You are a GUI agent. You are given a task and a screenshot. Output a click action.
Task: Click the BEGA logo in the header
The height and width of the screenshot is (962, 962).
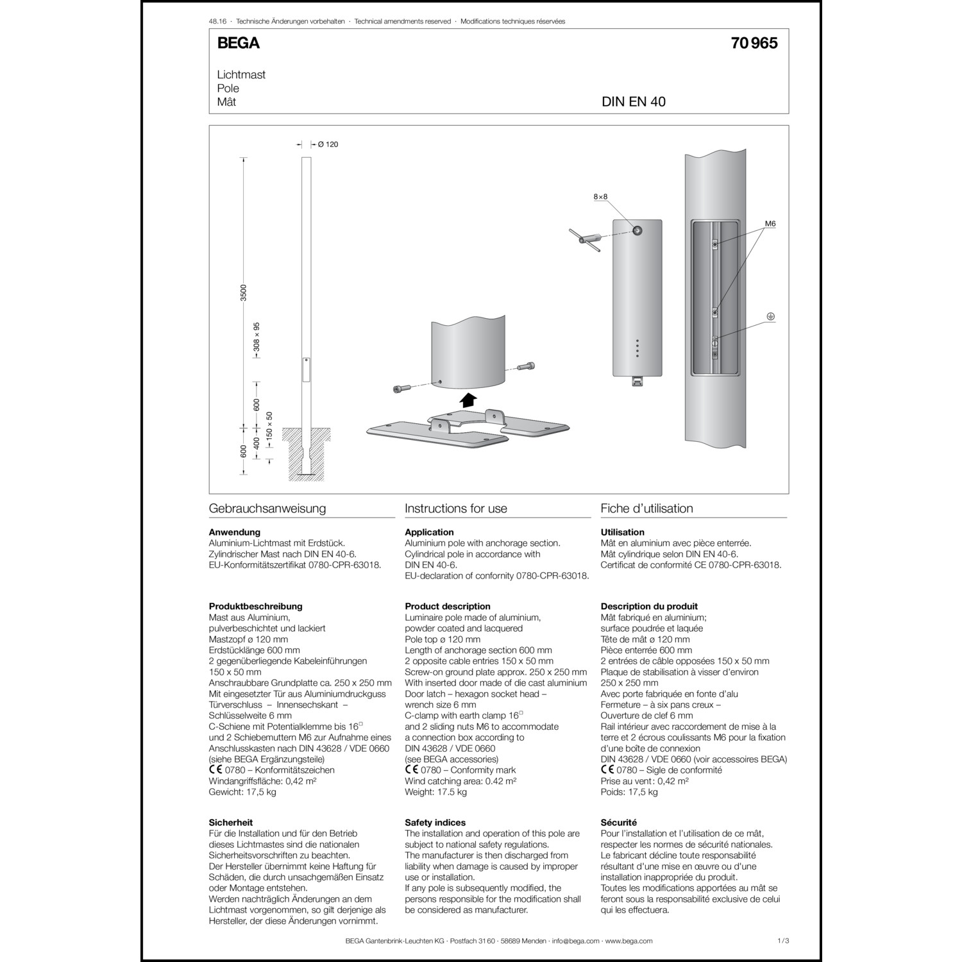[x=239, y=43]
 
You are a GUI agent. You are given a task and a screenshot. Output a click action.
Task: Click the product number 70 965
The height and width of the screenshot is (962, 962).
[x=754, y=43]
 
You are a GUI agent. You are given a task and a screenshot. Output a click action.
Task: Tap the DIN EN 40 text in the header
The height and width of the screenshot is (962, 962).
[x=633, y=102]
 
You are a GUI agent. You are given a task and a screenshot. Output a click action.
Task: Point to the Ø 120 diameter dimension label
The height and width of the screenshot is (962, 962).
[x=328, y=144]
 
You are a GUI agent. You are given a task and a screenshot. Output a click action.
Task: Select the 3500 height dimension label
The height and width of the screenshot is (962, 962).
[x=243, y=292]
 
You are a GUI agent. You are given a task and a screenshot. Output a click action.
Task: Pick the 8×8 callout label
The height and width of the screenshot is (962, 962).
[x=600, y=197]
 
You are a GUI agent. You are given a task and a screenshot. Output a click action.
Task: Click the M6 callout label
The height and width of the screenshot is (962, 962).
[x=770, y=224]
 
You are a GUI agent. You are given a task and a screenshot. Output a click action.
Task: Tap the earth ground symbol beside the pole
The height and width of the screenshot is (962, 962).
[x=772, y=316]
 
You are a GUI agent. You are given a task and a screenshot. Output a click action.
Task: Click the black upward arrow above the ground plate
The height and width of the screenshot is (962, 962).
[x=469, y=400]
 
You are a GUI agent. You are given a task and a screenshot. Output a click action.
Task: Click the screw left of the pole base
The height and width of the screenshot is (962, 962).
[x=400, y=389]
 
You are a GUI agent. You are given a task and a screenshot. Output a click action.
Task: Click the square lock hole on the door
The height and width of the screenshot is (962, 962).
[x=637, y=230]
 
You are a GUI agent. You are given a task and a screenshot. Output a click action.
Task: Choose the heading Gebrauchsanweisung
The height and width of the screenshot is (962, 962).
[x=267, y=509]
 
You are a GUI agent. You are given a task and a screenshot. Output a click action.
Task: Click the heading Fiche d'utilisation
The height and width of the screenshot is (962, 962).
[x=646, y=509]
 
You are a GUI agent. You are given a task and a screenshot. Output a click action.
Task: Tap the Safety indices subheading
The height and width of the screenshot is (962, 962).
[x=435, y=822]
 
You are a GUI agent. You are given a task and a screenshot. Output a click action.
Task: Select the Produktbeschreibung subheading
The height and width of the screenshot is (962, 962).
[x=255, y=606]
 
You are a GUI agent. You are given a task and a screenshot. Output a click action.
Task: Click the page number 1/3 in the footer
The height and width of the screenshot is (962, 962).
[x=782, y=941]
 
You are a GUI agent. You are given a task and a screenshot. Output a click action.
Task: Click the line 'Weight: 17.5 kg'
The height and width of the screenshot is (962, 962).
[x=435, y=792]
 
